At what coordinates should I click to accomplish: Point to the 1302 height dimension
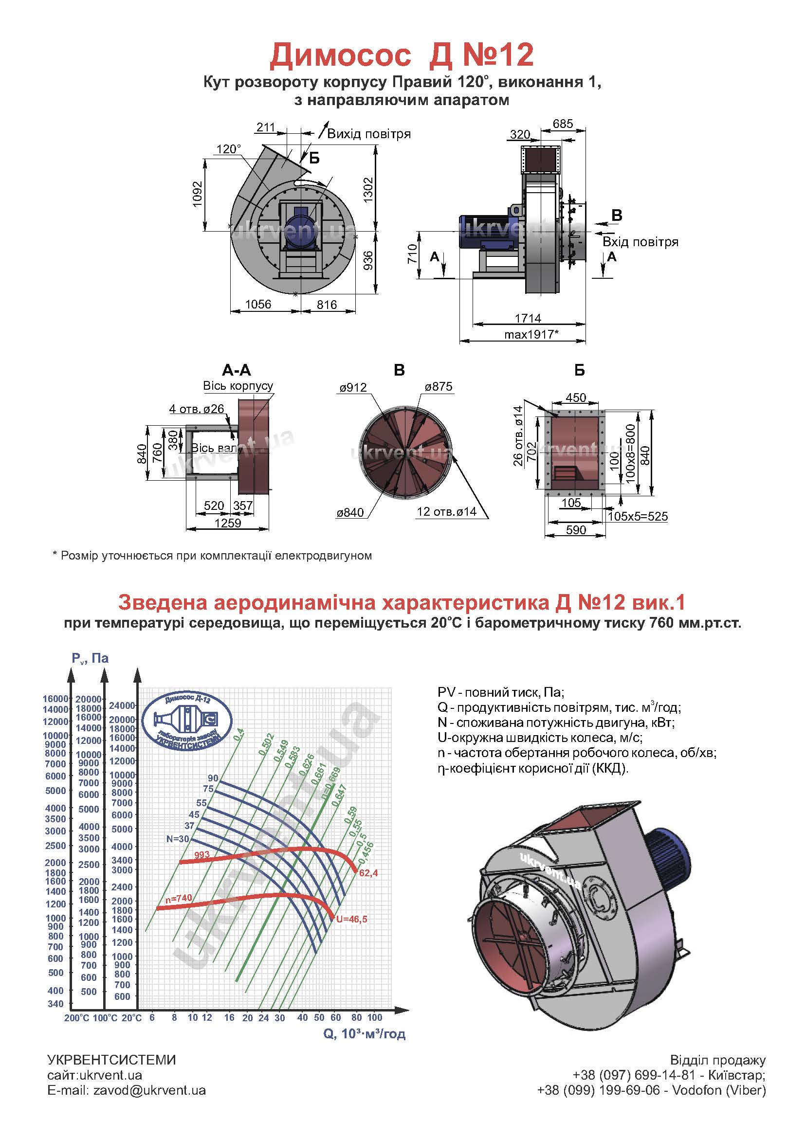click(x=367, y=190)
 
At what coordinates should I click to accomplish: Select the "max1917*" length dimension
click(x=531, y=334)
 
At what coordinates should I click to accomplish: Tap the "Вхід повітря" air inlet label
click(x=640, y=242)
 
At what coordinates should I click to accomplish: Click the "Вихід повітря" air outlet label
click(x=369, y=133)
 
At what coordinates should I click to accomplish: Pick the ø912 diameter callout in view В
click(x=353, y=387)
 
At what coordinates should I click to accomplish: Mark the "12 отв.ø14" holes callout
click(x=447, y=511)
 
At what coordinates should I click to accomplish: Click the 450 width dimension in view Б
click(x=575, y=397)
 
